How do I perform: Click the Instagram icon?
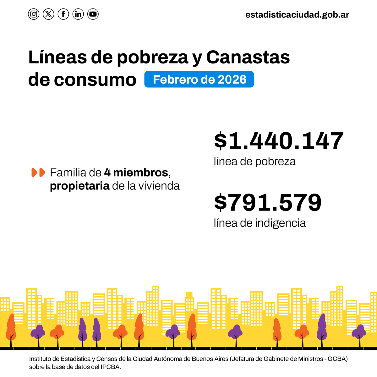[x=34, y=14]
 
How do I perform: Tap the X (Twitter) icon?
[x=48, y=14]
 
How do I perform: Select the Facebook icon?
[x=63, y=14]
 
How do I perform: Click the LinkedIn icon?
[x=78, y=14]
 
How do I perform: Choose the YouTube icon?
[x=93, y=14]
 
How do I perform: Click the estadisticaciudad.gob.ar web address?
[x=297, y=15]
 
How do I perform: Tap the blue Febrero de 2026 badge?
[x=199, y=79]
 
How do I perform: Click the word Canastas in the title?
[x=248, y=57]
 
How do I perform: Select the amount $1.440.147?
[x=279, y=141]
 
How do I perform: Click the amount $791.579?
[x=268, y=203]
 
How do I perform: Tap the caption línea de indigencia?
[x=260, y=223]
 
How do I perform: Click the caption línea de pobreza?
[x=254, y=161]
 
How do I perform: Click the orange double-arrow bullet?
[x=38, y=172]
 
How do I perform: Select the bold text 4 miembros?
[x=136, y=172]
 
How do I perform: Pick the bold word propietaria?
[x=79, y=186]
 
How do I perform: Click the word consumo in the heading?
[x=95, y=80]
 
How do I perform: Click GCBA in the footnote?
[x=337, y=359]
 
